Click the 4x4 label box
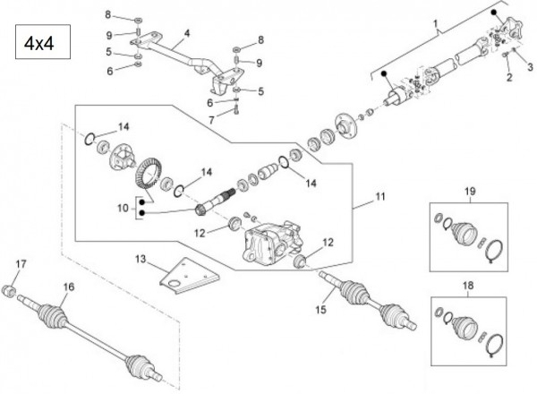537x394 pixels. pos(40,43)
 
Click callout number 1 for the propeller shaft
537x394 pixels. pos(436,21)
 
